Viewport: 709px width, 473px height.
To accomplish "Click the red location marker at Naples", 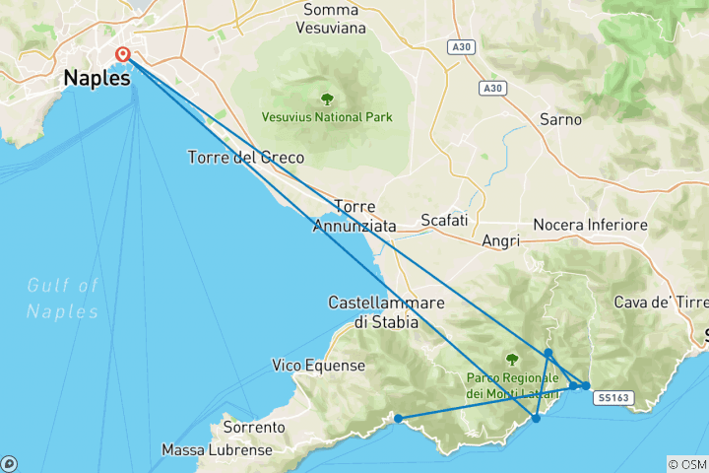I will (x=123, y=54).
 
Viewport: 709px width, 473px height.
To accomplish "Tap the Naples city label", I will (x=97, y=78).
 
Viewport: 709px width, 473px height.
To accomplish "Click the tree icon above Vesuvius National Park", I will (x=327, y=99).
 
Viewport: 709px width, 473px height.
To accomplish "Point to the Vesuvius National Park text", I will (x=327, y=117).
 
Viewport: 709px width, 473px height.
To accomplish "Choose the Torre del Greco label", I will (x=246, y=158).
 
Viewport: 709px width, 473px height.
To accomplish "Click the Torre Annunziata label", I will (x=354, y=216).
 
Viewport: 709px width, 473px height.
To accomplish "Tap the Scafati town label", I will (x=444, y=220).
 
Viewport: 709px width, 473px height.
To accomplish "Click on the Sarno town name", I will (x=560, y=119).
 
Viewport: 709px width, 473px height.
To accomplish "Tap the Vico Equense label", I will (x=318, y=366).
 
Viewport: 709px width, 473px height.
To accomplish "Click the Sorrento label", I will (x=254, y=428).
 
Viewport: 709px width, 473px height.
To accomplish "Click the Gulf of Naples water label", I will (x=63, y=298).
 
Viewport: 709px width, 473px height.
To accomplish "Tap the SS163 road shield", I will (x=612, y=398).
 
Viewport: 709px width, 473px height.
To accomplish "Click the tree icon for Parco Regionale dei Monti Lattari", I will (x=511, y=360).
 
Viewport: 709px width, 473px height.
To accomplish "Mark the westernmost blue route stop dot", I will (x=398, y=419).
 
